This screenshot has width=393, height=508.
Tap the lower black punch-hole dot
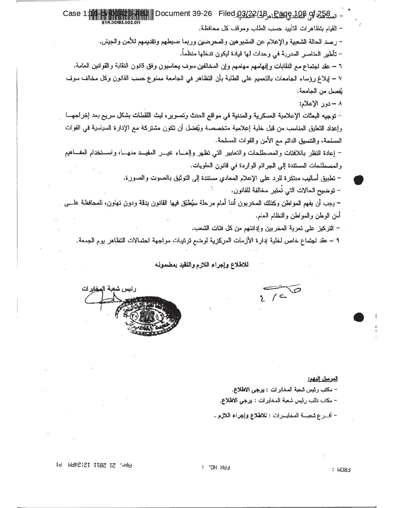(359, 317)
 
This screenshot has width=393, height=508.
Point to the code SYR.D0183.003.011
(121, 22)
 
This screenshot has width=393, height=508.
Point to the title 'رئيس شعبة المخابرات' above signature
(109, 289)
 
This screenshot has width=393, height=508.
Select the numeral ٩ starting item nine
(338, 240)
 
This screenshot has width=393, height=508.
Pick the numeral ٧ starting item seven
(339, 79)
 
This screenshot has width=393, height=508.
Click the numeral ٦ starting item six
(339, 66)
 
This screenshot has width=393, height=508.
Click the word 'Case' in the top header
(72, 14)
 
